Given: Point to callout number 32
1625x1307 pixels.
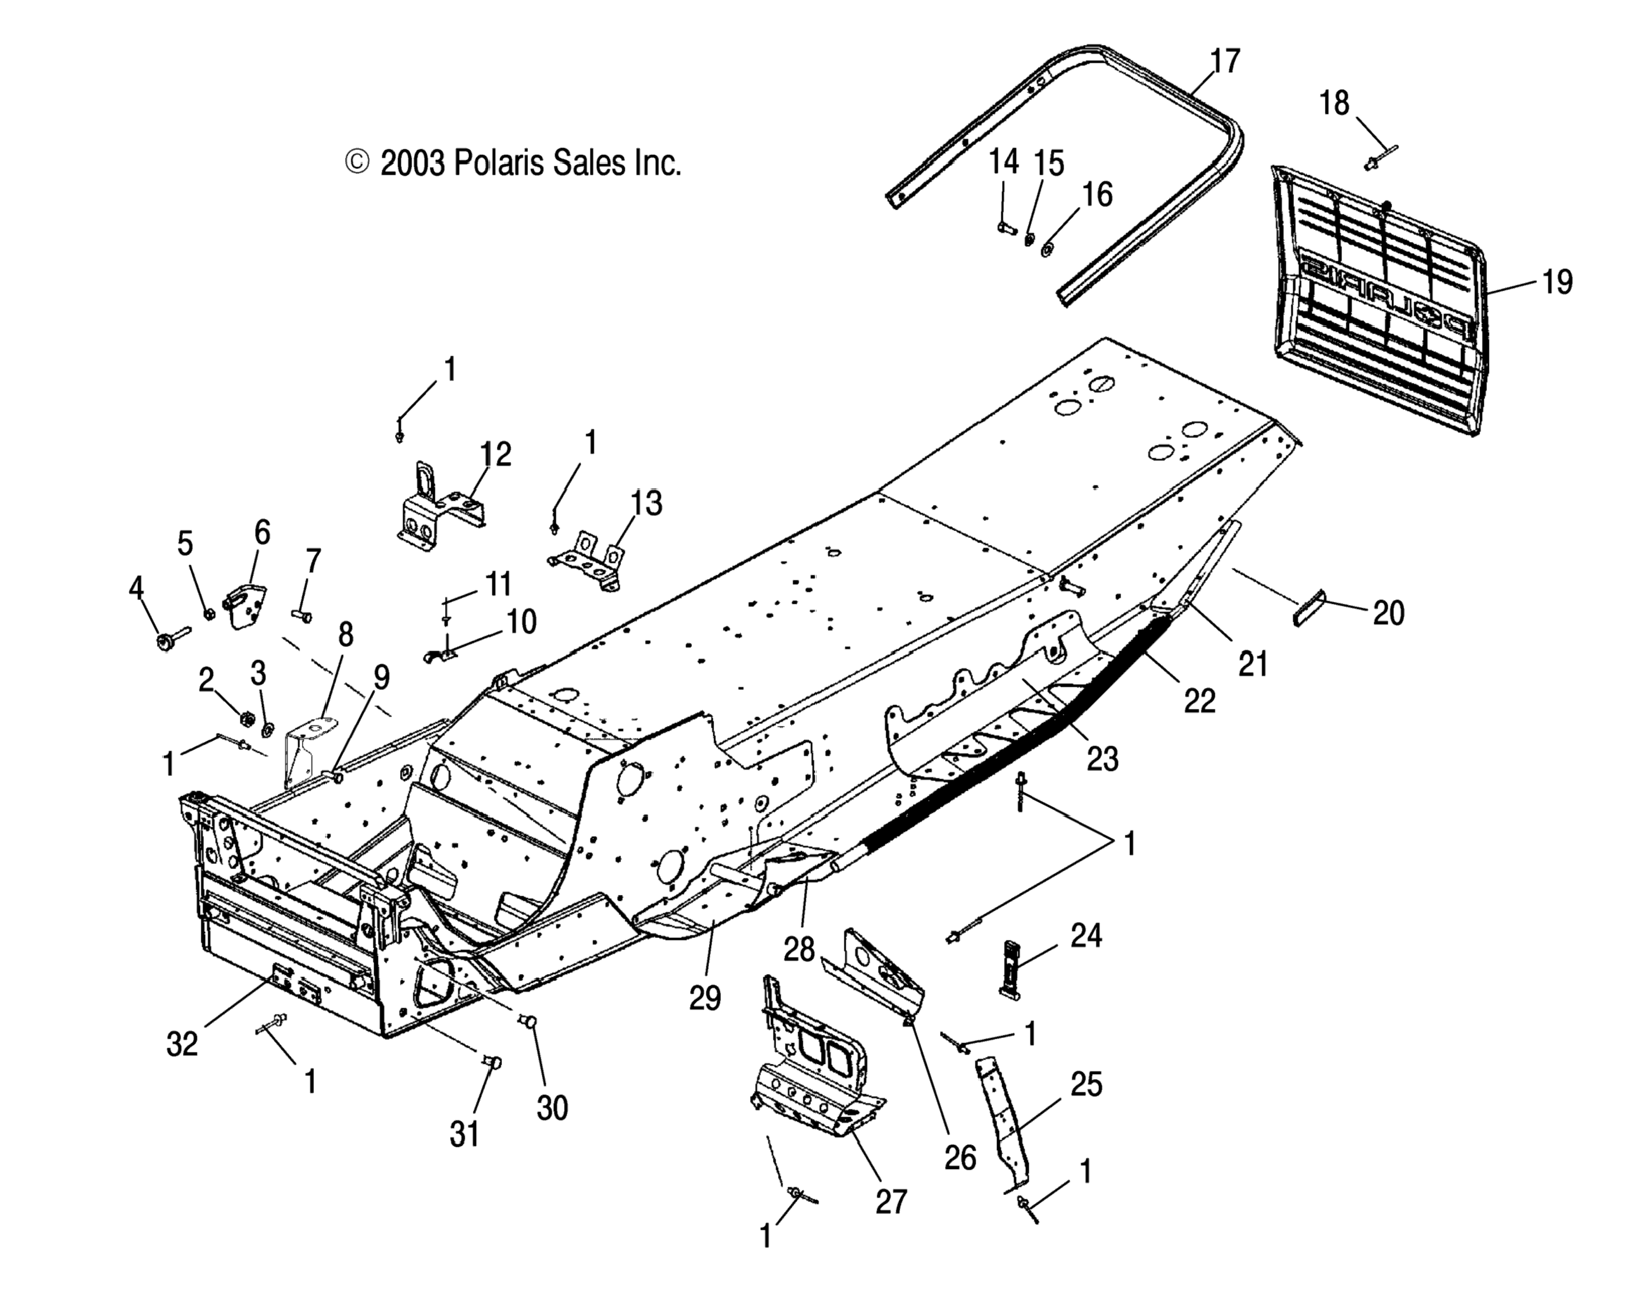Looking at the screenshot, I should (182, 1044).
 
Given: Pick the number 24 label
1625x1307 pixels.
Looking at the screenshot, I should (1086, 935).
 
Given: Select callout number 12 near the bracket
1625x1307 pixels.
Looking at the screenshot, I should (496, 454).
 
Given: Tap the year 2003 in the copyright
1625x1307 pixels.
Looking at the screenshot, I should (412, 163).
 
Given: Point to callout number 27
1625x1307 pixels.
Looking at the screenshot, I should (891, 1201).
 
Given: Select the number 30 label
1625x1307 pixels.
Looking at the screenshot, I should (552, 1108).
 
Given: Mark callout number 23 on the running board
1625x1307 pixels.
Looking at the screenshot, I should (1102, 759).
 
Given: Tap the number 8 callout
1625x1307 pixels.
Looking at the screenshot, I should (345, 635).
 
